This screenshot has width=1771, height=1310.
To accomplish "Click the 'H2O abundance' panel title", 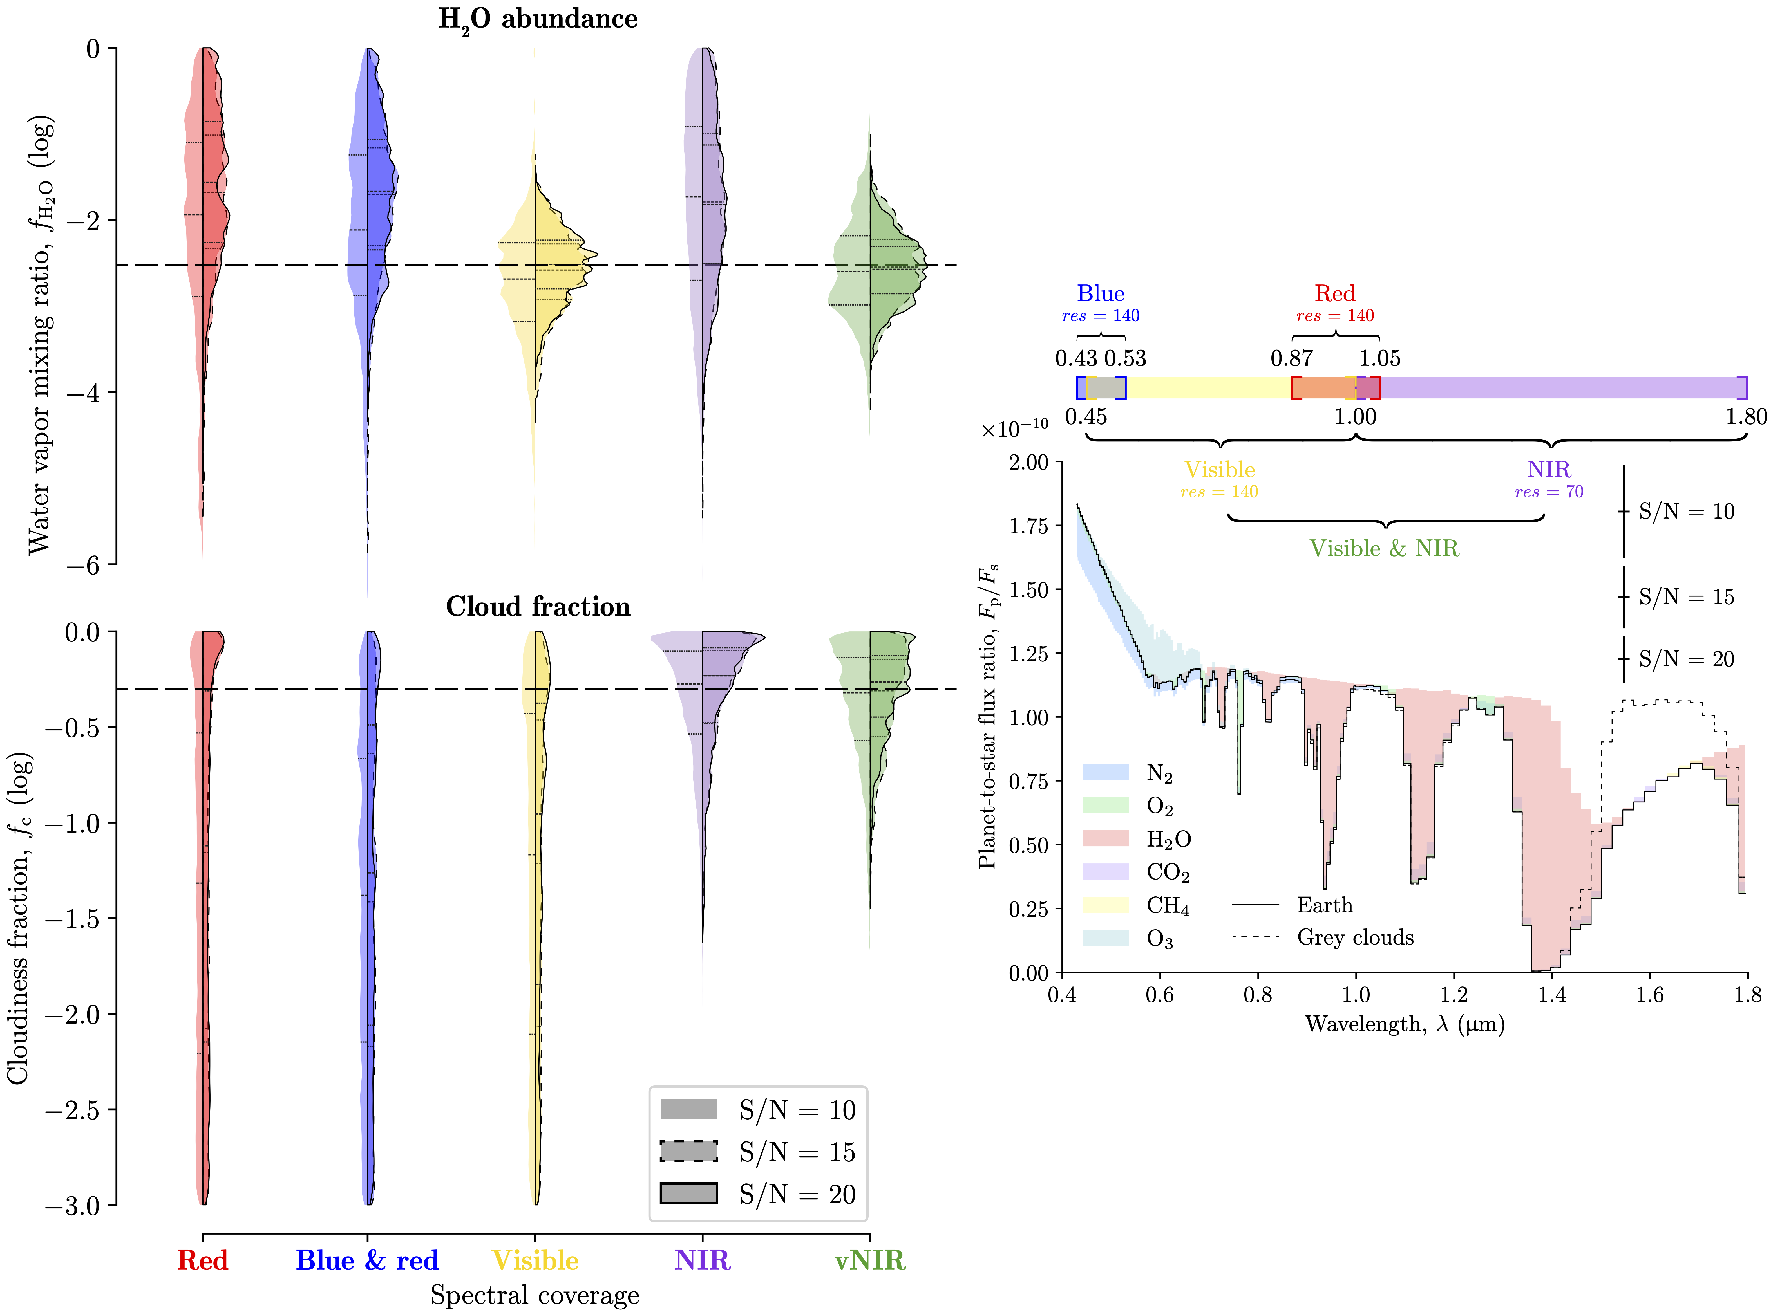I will (x=538, y=19).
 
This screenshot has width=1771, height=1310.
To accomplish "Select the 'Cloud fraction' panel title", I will (x=538, y=607).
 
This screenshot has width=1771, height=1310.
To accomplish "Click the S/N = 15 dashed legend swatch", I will (x=688, y=1151).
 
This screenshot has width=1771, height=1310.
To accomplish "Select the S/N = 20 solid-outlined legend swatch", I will (x=688, y=1194).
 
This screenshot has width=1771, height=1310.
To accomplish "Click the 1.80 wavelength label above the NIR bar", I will (x=1746, y=416).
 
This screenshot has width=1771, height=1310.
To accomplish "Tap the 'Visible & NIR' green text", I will (x=1384, y=548).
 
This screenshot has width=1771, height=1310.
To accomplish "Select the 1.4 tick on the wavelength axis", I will (x=1552, y=994).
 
